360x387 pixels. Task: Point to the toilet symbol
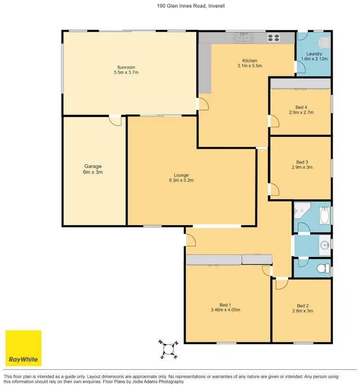point(326,267)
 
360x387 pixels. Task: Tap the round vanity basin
point(326,245)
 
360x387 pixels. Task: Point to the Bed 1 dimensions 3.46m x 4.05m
point(226,310)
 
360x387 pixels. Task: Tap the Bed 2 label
point(302,306)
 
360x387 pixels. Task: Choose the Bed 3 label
point(301,162)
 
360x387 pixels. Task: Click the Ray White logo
point(23,348)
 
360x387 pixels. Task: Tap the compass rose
point(168,350)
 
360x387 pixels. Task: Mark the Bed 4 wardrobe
point(300,85)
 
